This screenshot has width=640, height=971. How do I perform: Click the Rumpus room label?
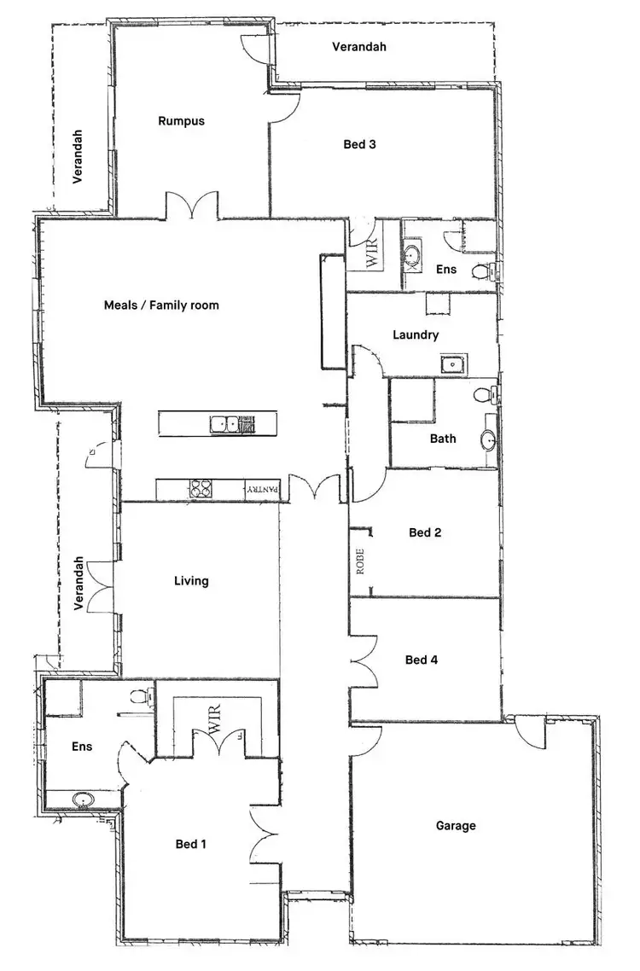(x=181, y=121)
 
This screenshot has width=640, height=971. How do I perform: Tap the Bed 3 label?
(x=359, y=144)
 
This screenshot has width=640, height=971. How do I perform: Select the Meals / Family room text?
(x=161, y=305)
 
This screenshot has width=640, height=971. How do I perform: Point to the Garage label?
(x=456, y=825)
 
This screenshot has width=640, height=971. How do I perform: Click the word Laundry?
(x=416, y=334)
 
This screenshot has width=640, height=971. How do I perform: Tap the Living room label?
(x=191, y=581)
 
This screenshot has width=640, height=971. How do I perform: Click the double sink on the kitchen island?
(x=226, y=422)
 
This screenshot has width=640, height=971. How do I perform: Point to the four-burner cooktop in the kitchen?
(x=201, y=489)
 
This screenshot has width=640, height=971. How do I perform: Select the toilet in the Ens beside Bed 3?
(x=482, y=272)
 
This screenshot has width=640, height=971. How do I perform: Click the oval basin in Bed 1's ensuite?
(x=83, y=799)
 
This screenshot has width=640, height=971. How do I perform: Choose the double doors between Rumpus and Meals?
(x=193, y=206)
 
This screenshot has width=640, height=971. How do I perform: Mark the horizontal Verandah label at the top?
(x=359, y=46)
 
